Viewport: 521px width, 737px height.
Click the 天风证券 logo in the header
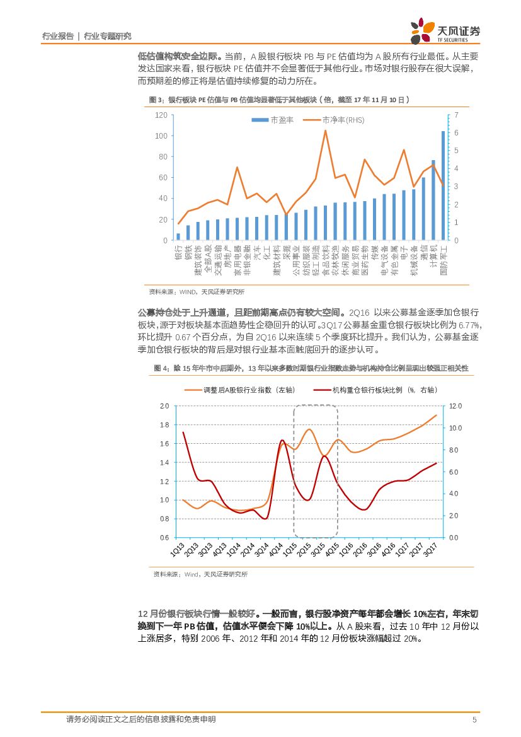(x=445, y=32)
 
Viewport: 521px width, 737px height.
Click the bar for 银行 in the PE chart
(x=178, y=236)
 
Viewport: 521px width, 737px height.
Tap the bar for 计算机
(x=433, y=200)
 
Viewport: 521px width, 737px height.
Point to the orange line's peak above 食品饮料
(x=325, y=131)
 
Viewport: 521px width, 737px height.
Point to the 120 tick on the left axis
(x=161, y=115)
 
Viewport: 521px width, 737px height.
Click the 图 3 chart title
(x=278, y=100)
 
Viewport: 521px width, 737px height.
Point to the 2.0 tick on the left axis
(x=164, y=406)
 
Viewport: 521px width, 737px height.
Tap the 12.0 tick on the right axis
(x=455, y=406)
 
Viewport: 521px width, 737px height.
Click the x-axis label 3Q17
(x=431, y=550)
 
